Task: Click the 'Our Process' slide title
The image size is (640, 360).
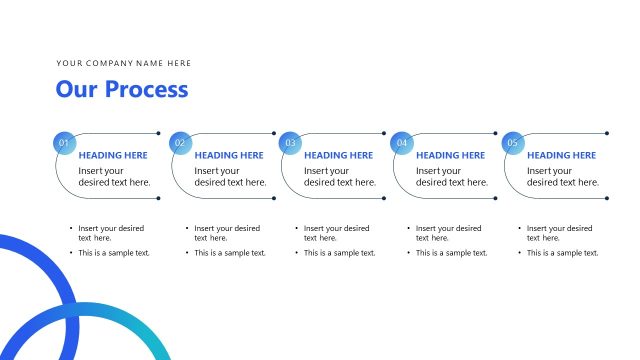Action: [121, 89]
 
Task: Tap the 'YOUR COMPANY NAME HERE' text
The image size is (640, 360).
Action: [123, 64]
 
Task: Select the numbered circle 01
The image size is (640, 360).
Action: [64, 143]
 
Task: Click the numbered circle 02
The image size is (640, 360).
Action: [180, 143]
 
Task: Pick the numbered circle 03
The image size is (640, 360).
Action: [290, 143]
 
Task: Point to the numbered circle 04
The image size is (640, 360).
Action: [402, 143]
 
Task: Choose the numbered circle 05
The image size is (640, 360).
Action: [513, 143]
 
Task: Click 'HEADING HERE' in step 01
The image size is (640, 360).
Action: [113, 156]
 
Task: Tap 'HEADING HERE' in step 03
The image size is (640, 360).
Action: [338, 156]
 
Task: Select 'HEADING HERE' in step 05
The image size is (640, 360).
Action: [561, 156]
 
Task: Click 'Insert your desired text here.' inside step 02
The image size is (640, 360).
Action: [230, 176]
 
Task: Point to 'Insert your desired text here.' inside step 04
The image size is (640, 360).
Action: [452, 176]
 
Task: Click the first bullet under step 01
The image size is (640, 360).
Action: [111, 233]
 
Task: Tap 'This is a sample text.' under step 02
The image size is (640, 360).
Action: [230, 253]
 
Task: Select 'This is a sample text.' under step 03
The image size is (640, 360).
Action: [340, 253]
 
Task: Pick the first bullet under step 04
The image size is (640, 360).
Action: [448, 233]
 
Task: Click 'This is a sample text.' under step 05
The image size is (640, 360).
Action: [563, 253]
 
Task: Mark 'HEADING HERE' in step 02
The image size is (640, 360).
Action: [229, 156]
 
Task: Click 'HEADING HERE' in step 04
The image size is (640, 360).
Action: [450, 156]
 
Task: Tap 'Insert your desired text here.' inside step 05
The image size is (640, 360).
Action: [563, 176]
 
